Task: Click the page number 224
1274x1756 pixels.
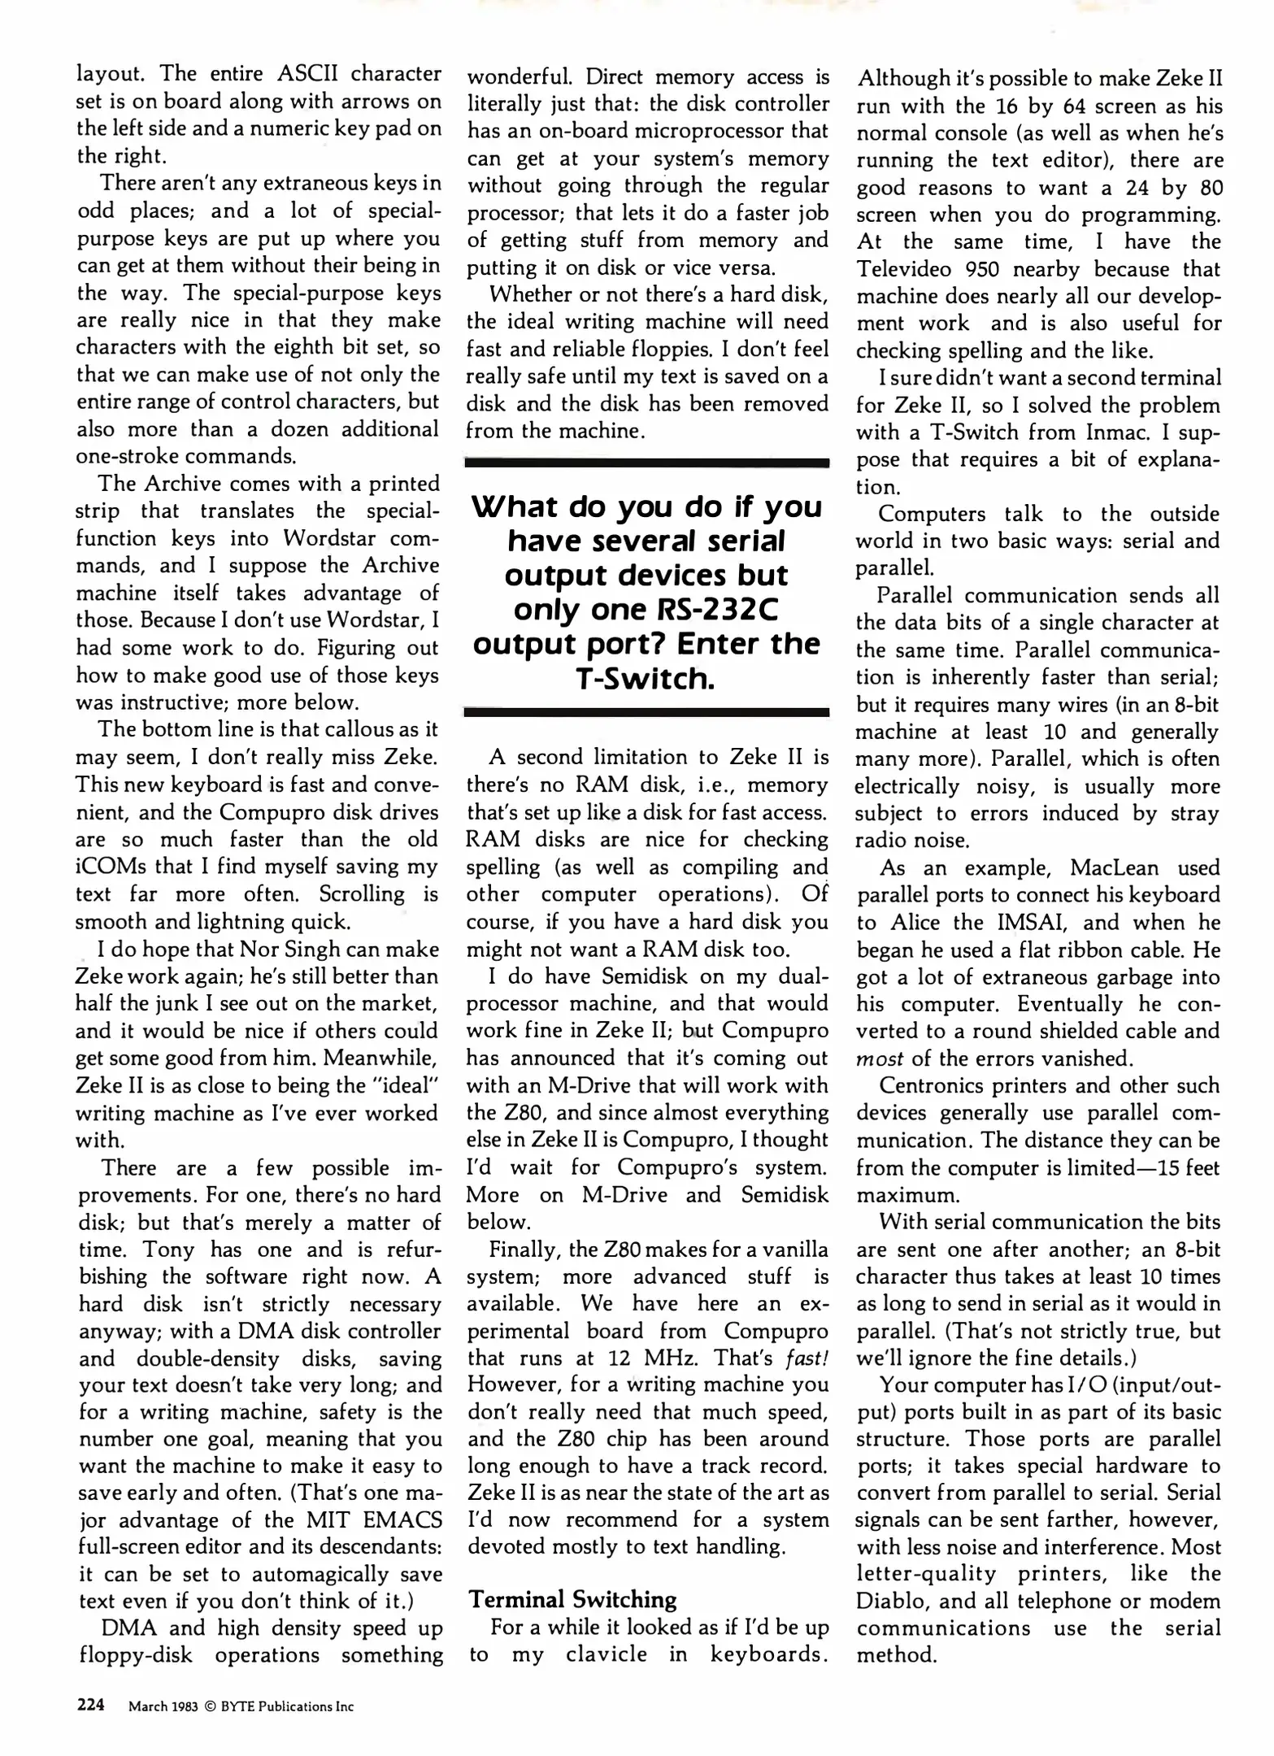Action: [x=90, y=1705]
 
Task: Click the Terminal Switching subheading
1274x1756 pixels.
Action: [x=572, y=1600]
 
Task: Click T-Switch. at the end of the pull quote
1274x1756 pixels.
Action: [x=646, y=678]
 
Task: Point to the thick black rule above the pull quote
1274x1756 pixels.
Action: [x=646, y=463]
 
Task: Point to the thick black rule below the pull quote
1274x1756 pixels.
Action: [x=646, y=712]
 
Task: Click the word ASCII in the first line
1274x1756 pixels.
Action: [x=302, y=74]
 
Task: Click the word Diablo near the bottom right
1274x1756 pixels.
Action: [x=889, y=1602]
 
